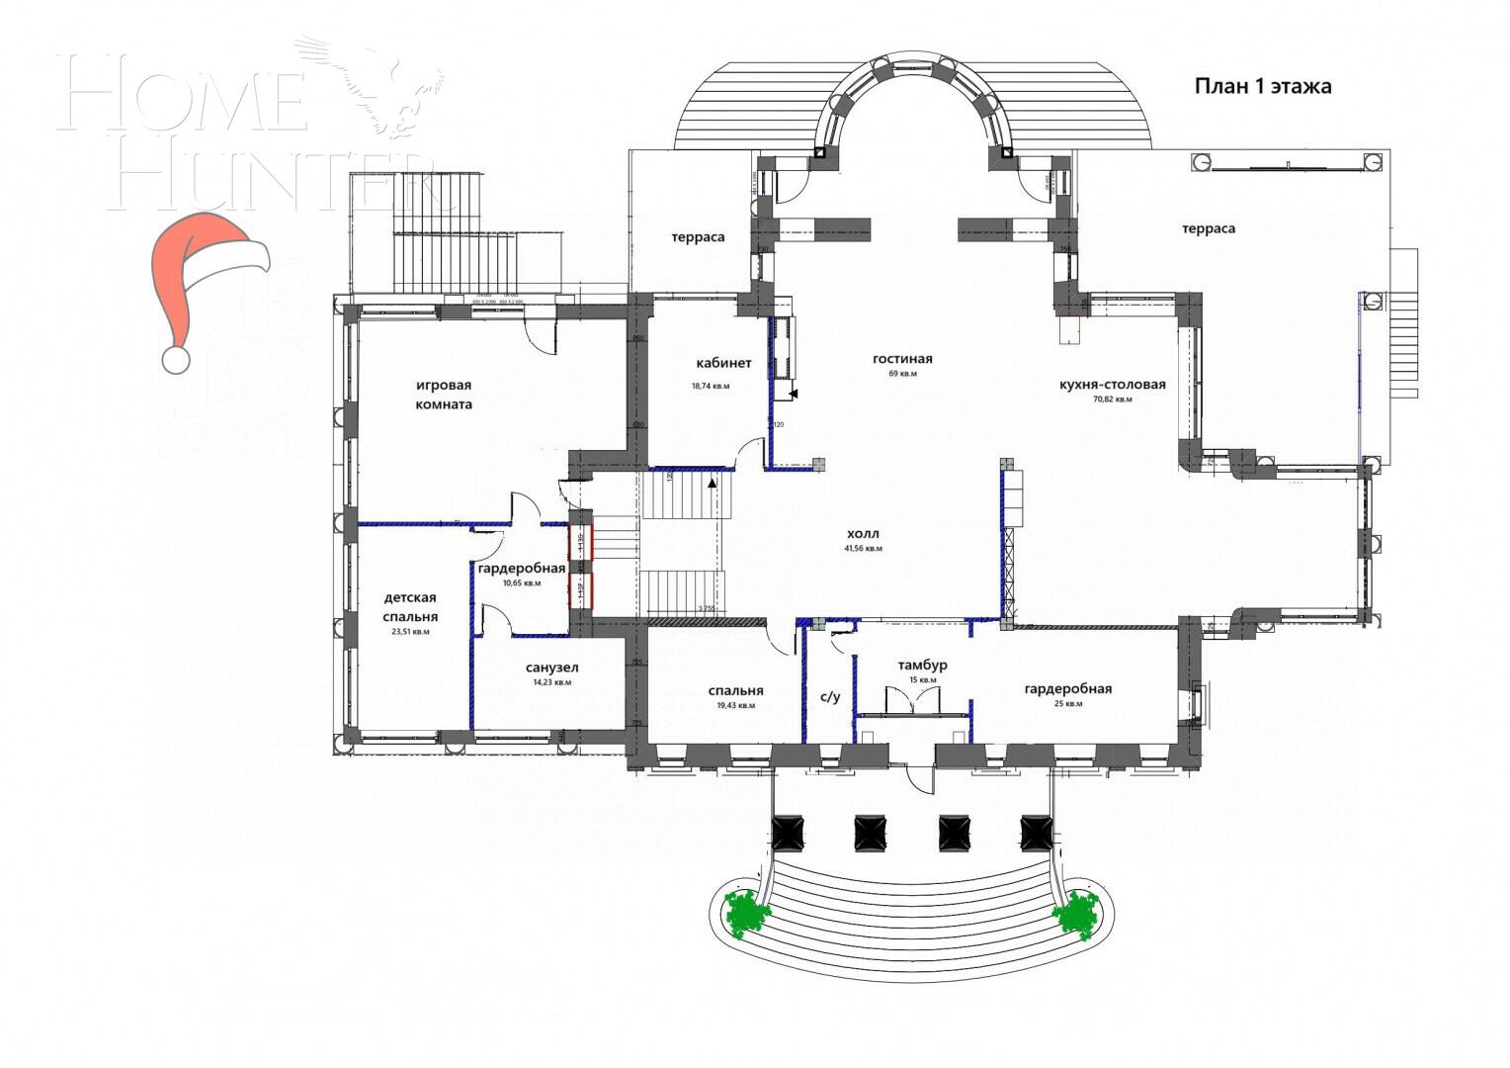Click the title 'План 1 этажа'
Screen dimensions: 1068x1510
coord(1262,86)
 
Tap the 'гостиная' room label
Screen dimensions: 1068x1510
coord(901,359)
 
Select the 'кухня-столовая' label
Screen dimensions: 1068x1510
coord(1112,385)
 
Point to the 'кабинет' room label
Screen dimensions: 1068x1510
coord(722,363)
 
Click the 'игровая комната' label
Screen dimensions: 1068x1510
coord(443,395)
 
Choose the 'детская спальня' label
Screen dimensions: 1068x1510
coord(410,606)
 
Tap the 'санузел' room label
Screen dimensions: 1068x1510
coord(551,667)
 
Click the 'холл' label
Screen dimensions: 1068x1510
coord(862,534)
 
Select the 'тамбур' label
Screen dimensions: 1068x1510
coord(921,665)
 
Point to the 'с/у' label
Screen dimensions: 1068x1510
coord(830,696)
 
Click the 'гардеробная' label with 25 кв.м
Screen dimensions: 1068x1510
coord(1067,688)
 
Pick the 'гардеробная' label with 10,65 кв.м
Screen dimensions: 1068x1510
coord(521,568)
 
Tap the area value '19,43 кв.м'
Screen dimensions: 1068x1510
coord(735,706)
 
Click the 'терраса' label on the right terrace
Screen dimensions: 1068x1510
coord(1208,228)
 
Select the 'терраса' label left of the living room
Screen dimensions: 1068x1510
coord(698,236)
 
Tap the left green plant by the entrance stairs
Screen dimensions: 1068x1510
coord(748,913)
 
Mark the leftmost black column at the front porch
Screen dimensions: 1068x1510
coord(788,831)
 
